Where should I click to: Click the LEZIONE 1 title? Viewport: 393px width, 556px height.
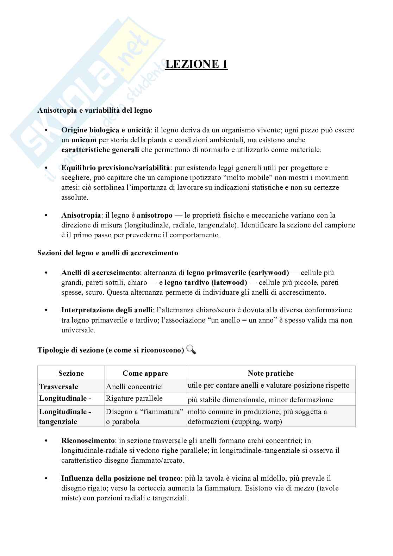coord(196,64)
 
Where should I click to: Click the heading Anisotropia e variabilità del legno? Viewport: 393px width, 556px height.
coord(95,110)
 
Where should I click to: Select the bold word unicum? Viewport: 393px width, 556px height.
coord(83,140)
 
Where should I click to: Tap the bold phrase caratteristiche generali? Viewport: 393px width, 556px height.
coord(100,150)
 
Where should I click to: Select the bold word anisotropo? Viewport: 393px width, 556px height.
coord(155,215)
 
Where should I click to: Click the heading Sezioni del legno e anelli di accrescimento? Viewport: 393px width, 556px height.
coord(108,253)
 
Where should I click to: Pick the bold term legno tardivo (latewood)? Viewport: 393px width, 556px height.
coord(206,282)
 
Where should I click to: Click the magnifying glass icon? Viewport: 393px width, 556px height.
coord(191,350)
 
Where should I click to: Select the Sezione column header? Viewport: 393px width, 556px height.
coord(71,373)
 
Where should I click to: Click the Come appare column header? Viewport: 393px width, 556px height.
coord(145,373)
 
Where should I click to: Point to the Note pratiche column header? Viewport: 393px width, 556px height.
coord(270,373)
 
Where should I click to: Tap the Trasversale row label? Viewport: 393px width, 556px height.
coord(58,387)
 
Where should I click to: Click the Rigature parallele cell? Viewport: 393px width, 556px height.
coord(134,399)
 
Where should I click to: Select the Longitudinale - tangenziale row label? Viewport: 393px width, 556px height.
coord(65,417)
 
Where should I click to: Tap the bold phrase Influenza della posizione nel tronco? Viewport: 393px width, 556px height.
coord(121,479)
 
